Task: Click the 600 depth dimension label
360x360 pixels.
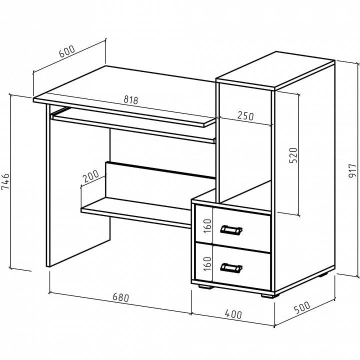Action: pyautogui.click(x=67, y=51)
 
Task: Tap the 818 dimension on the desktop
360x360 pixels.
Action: pyautogui.click(x=131, y=100)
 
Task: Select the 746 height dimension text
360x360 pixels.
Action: pyautogui.click(x=5, y=181)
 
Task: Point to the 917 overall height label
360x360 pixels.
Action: pyautogui.click(x=352, y=170)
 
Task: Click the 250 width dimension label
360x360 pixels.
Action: pyautogui.click(x=245, y=115)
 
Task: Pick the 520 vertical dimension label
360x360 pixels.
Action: pyautogui.click(x=293, y=155)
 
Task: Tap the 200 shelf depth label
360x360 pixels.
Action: pyautogui.click(x=90, y=176)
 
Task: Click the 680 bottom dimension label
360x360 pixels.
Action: pyautogui.click(x=121, y=297)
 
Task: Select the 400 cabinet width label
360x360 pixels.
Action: pyautogui.click(x=233, y=314)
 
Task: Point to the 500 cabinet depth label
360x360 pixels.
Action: pyautogui.click(x=302, y=307)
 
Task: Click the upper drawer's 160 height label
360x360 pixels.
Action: pyautogui.click(x=207, y=226)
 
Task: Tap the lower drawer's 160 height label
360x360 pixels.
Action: pyautogui.click(x=207, y=264)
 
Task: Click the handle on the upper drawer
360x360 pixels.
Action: pyautogui.click(x=231, y=230)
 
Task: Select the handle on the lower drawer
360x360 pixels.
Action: pyautogui.click(x=231, y=268)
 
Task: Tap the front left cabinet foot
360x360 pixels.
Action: pyautogui.click(x=205, y=286)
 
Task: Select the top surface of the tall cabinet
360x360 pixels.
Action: pyautogui.click(x=275, y=70)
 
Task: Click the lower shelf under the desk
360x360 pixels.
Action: pyautogui.click(x=136, y=211)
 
